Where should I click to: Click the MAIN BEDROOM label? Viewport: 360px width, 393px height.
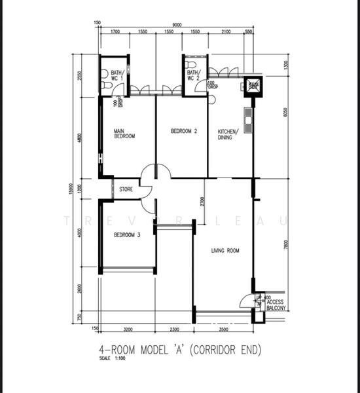124,134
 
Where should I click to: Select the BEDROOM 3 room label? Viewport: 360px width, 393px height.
127,234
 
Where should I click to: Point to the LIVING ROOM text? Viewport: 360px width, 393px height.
225,250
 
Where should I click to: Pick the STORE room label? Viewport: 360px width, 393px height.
126,190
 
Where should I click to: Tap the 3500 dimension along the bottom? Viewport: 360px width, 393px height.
224,329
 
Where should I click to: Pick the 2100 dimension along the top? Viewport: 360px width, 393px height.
225,31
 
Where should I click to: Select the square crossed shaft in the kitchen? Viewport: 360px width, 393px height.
252,86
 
